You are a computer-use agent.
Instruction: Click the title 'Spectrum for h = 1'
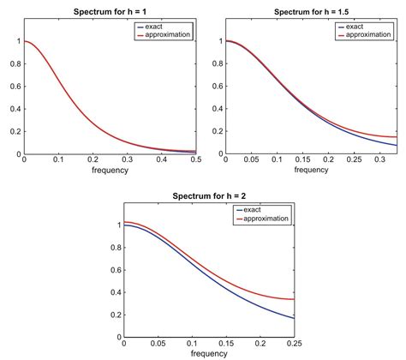point(110,12)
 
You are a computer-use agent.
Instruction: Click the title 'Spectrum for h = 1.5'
point(313,11)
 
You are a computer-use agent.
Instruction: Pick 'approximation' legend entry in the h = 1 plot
point(172,35)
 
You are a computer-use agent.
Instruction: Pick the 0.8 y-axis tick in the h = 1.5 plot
point(218,63)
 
